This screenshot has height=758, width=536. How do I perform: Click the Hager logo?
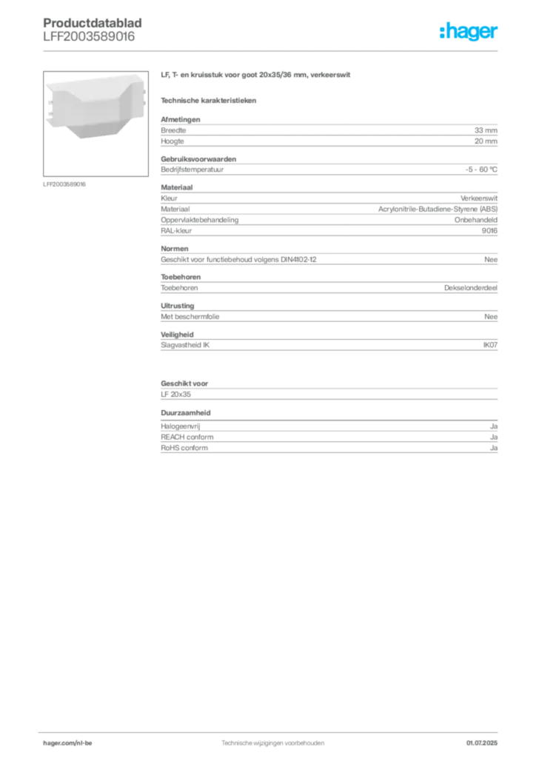pos(469,31)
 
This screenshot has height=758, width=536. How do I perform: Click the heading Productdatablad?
pos(93,23)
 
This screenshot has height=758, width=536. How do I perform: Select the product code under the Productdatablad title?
pos(89,37)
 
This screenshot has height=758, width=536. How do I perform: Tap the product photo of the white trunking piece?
pos(96,124)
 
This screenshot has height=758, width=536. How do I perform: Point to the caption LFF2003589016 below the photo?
pos(64,184)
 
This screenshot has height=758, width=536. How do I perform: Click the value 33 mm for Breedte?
pos(486,130)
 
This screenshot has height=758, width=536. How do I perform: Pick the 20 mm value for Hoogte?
pos(486,141)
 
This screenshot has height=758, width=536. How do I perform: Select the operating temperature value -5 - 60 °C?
pos(481,170)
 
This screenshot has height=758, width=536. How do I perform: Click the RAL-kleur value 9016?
pos(489,231)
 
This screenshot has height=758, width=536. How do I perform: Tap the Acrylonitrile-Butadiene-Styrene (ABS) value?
pos(438,209)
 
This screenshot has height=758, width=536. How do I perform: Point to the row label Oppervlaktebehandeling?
pos(200,220)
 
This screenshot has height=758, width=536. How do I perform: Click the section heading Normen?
pos(175,249)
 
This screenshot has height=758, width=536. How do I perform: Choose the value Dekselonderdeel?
pos(471,288)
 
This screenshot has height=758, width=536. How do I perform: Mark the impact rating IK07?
pos(490,345)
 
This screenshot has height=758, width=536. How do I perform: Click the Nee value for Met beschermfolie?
pos(491,317)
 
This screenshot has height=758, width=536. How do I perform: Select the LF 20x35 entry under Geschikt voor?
pos(176,395)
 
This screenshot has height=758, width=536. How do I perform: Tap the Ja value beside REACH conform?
pos(494,437)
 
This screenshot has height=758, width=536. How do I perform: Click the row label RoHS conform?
pos(184,448)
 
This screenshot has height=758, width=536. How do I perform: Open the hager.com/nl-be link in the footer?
pos(67,743)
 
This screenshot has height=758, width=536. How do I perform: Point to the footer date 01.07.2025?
pos(482,743)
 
